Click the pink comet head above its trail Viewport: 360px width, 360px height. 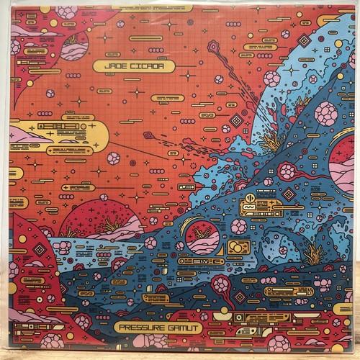[x=212, y=47]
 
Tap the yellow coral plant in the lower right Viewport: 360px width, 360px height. [x=315, y=253]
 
